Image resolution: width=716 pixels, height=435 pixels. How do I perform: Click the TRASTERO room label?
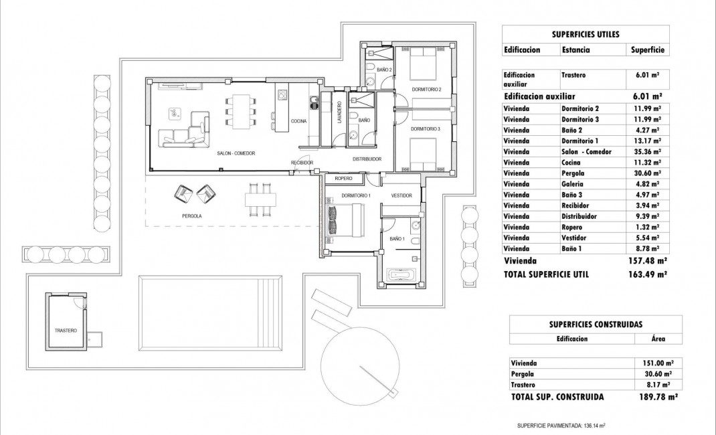[x=66, y=331]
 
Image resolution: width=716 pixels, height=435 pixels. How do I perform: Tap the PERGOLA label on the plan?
[x=191, y=216]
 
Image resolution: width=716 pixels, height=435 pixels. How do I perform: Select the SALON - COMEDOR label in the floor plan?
[x=236, y=153]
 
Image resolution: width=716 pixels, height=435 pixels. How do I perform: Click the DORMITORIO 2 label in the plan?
[x=426, y=89]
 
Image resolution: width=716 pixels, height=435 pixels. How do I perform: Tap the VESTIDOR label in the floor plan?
[x=401, y=195]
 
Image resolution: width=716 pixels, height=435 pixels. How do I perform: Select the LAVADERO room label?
[x=339, y=111]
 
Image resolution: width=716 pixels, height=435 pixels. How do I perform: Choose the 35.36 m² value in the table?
[x=647, y=152]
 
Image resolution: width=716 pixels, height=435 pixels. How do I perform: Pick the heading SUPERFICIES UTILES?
[x=586, y=33]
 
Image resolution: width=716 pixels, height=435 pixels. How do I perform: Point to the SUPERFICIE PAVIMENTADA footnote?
[x=561, y=425]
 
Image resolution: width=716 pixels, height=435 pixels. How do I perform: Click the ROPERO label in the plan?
[x=343, y=179]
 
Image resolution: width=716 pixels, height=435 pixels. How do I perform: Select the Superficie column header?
[x=646, y=50]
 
